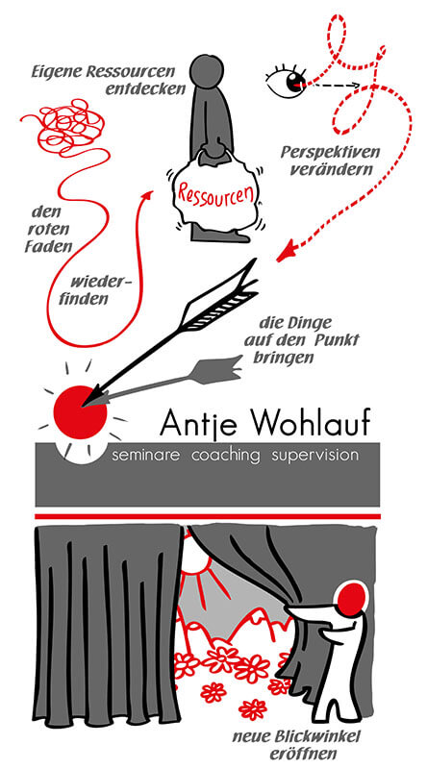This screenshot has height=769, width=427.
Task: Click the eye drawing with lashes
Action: tap(288, 81)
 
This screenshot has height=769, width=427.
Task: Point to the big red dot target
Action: tap(80, 412)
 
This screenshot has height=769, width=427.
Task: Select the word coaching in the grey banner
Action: tap(225, 456)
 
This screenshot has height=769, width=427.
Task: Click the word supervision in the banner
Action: tap(314, 456)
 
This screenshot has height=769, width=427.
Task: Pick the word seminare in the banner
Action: tap(146, 456)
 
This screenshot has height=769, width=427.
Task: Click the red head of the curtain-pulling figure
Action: tap(352, 598)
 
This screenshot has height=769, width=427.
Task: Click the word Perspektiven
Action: tap(330, 153)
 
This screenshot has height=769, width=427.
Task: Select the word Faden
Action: tap(48, 246)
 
